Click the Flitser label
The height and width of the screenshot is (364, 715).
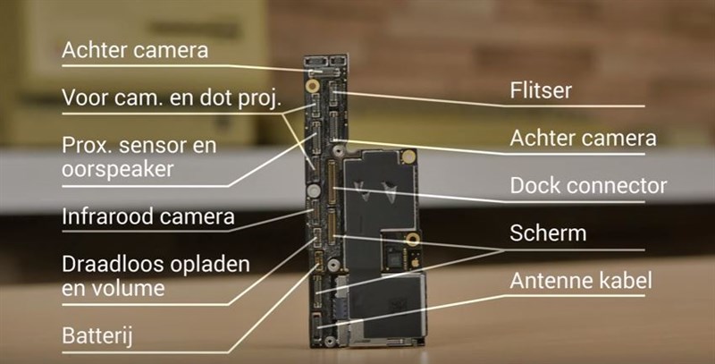pyautogui.click(x=541, y=90)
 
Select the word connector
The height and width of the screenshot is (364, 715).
pyautogui.click(x=611, y=186)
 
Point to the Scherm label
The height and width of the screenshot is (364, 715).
pyautogui.click(x=548, y=233)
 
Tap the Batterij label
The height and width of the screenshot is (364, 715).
pyautogui.click(x=97, y=336)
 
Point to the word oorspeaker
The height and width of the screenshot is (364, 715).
pyautogui.click(x=118, y=170)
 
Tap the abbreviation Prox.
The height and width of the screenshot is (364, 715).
pyautogui.click(x=87, y=146)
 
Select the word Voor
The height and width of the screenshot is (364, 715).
pyautogui.click(x=84, y=97)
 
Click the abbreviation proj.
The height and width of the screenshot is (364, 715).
pyautogui.click(x=260, y=99)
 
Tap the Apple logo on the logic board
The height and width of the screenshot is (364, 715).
pyautogui.click(x=415, y=264)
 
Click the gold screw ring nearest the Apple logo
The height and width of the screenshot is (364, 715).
pyautogui.click(x=413, y=239)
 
